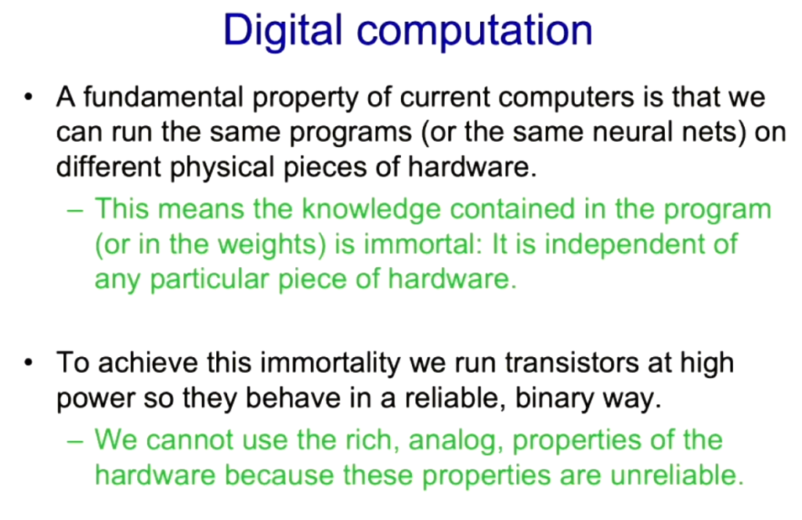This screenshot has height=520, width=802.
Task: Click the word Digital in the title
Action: pyautogui.click(x=282, y=31)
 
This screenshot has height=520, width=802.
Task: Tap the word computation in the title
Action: pyautogui.click(x=475, y=31)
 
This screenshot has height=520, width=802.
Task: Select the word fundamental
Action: pyautogui.click(x=163, y=96)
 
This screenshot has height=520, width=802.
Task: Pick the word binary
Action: pyautogui.click(x=555, y=399)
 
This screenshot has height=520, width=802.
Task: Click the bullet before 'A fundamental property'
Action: pyautogui.click(x=29, y=96)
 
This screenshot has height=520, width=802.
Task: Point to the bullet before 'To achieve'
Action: pyautogui.click(x=29, y=363)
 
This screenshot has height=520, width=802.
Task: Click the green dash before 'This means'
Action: pyautogui.click(x=74, y=210)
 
